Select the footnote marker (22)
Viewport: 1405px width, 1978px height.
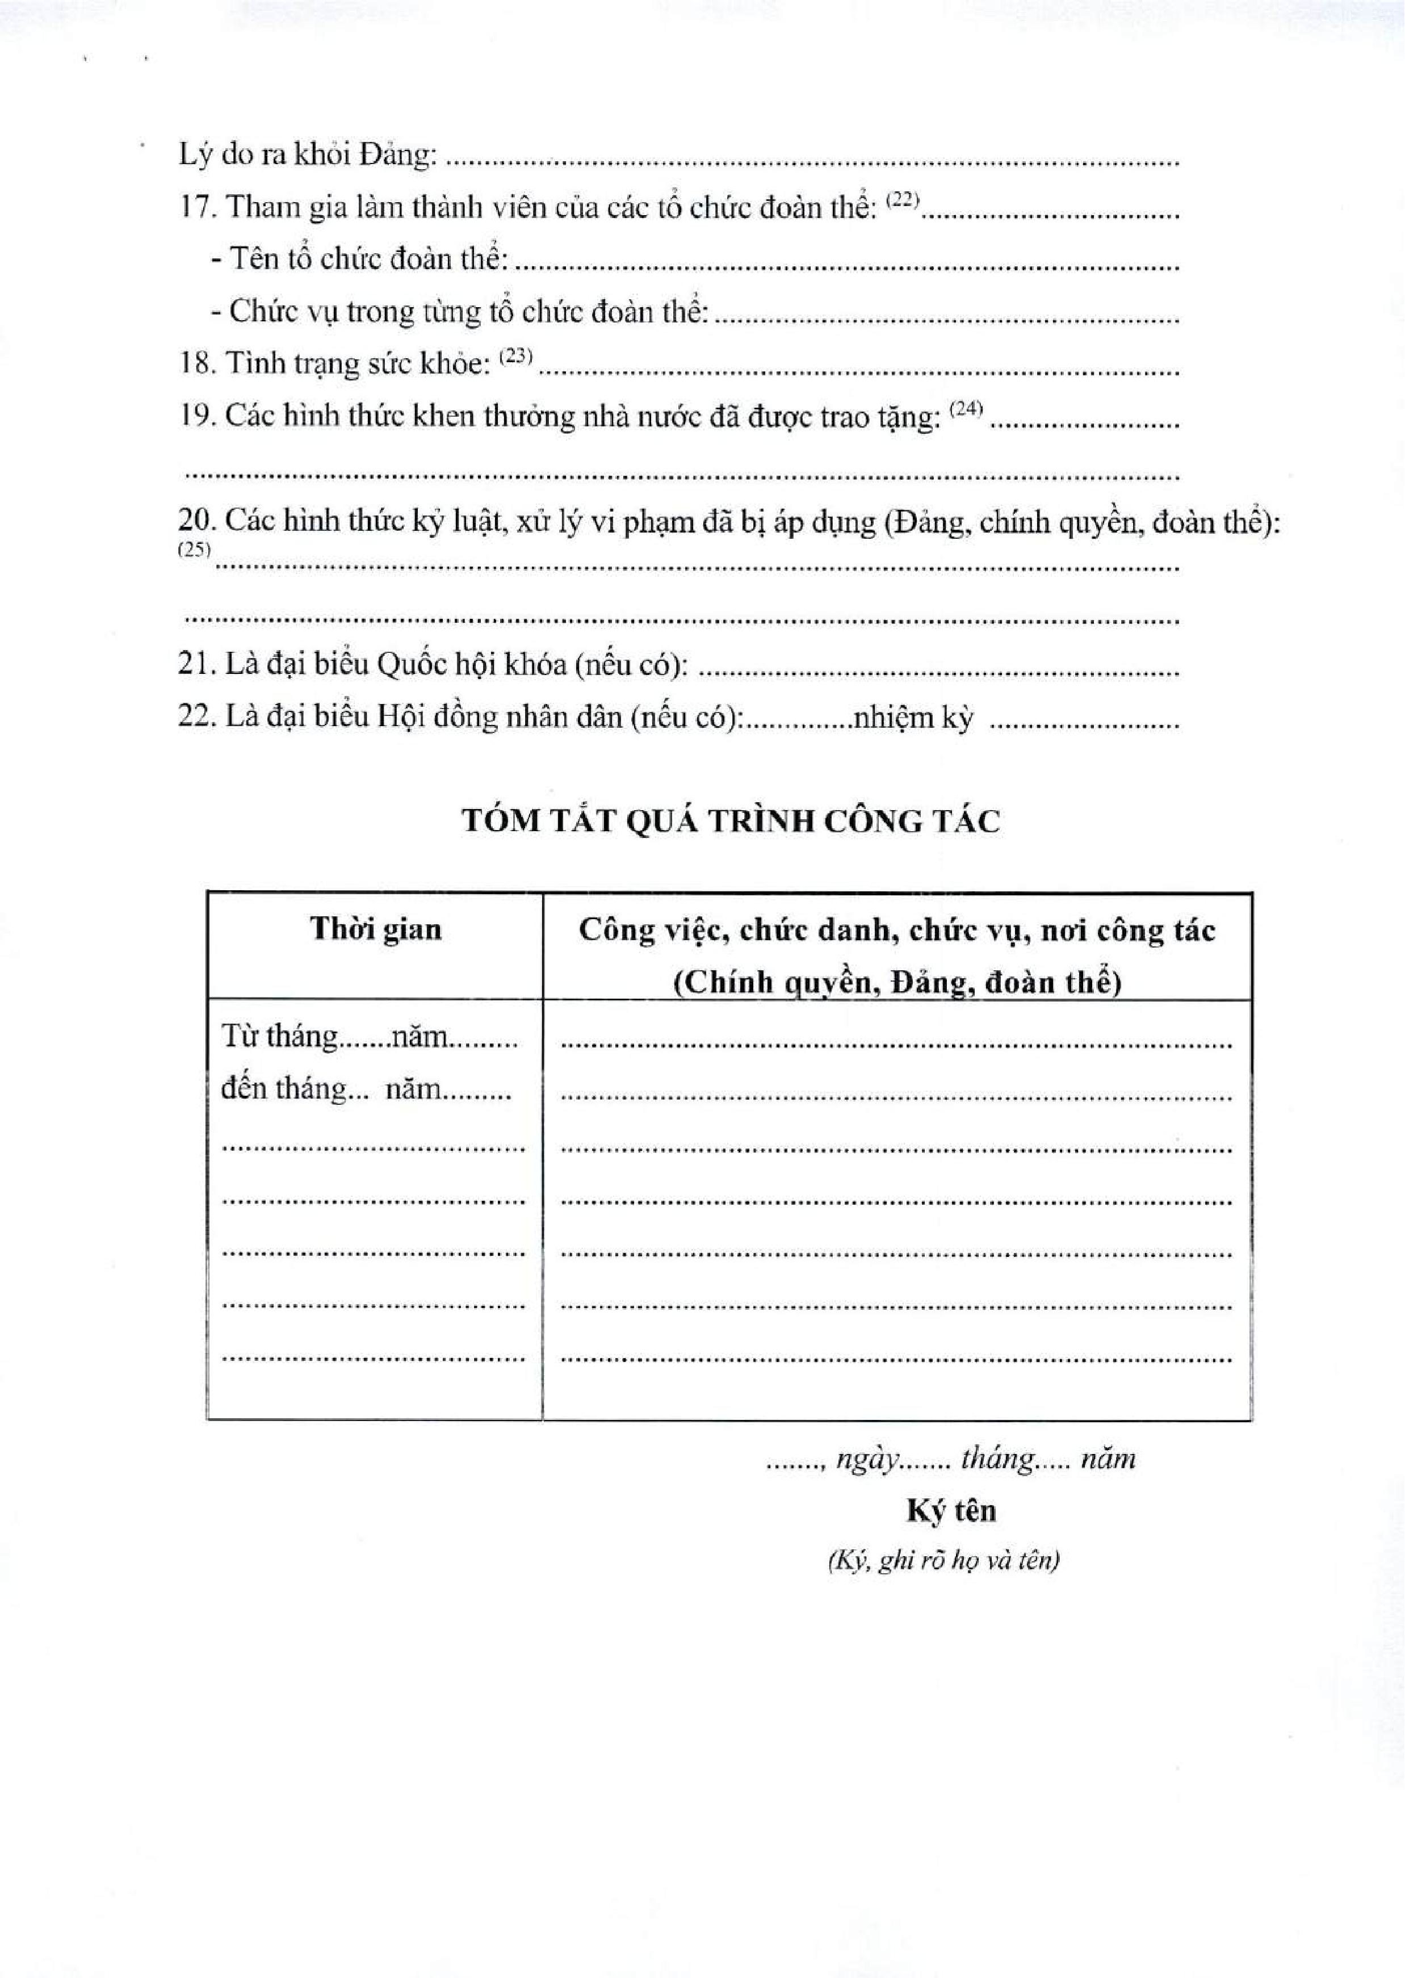(901, 199)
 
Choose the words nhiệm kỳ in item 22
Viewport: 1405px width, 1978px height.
(912, 717)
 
